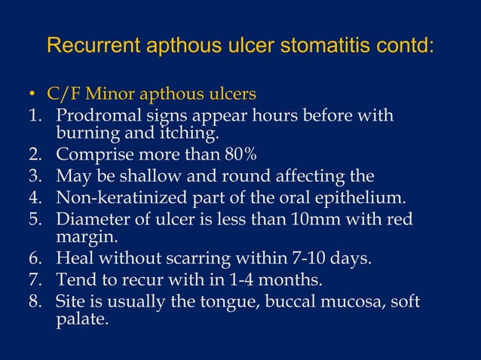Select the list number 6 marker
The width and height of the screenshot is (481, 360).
[35, 259]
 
